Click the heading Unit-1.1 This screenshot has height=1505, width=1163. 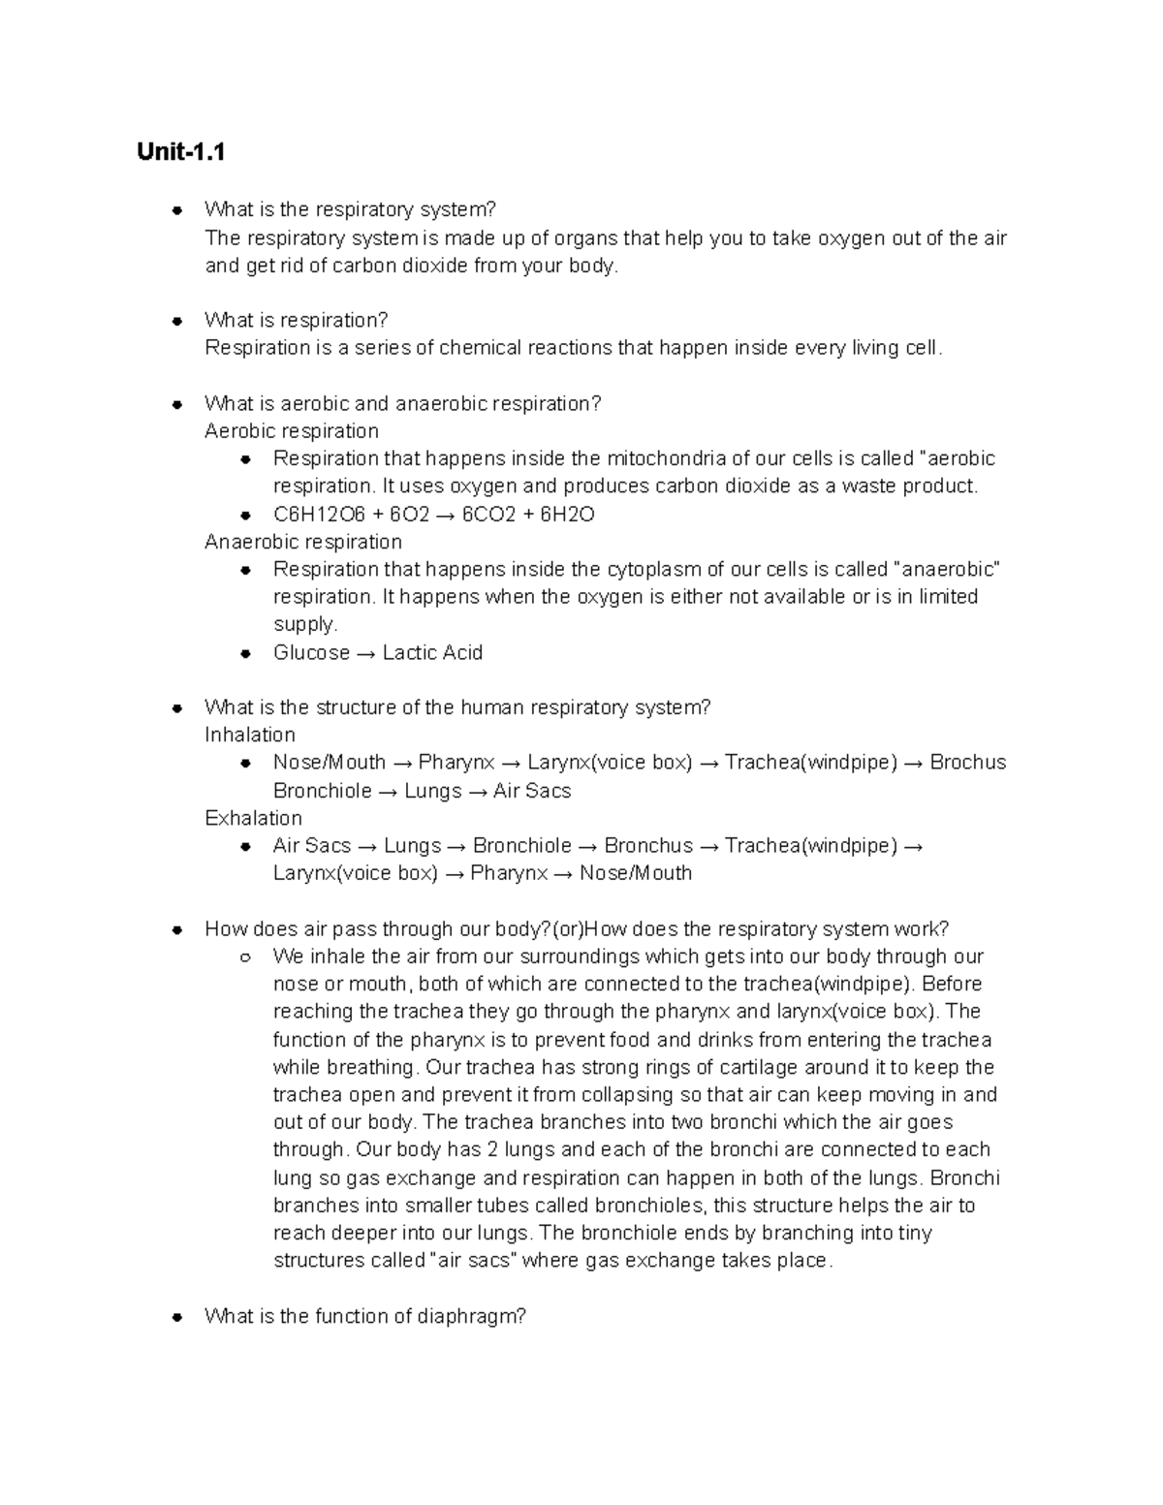pos(181,152)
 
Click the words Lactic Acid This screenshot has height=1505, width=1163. pos(432,652)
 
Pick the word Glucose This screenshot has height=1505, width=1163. pos(311,652)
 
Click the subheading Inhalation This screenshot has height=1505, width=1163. pos(250,735)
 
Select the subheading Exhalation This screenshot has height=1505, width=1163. pos(253,818)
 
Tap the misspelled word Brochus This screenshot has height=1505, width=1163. pos(967,763)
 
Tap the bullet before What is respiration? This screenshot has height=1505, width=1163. pos(177,321)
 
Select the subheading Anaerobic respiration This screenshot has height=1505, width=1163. pos(302,542)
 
